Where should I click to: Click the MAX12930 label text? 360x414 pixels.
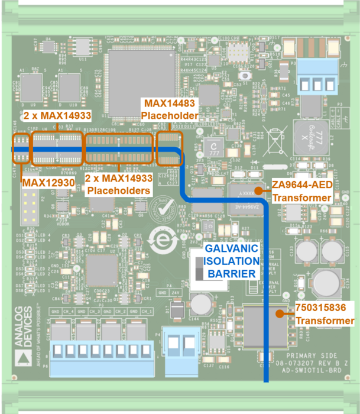(x=48, y=183)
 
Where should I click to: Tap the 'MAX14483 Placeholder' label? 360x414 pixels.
(x=168, y=109)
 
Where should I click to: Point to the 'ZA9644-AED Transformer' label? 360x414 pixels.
(x=303, y=190)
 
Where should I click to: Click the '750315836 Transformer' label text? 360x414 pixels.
(x=325, y=314)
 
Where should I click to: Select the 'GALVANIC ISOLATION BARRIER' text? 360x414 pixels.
(x=231, y=260)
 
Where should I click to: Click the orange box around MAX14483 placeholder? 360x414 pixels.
(x=170, y=148)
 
